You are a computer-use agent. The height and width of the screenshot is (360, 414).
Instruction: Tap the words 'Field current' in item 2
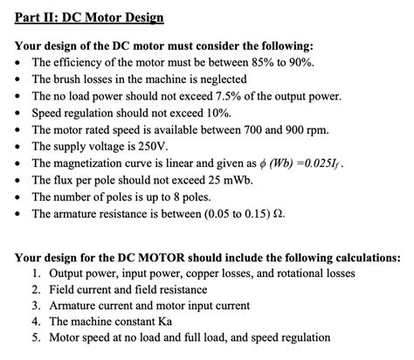click(76, 289)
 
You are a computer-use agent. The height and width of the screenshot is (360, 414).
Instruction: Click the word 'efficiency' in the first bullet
click(82, 63)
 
